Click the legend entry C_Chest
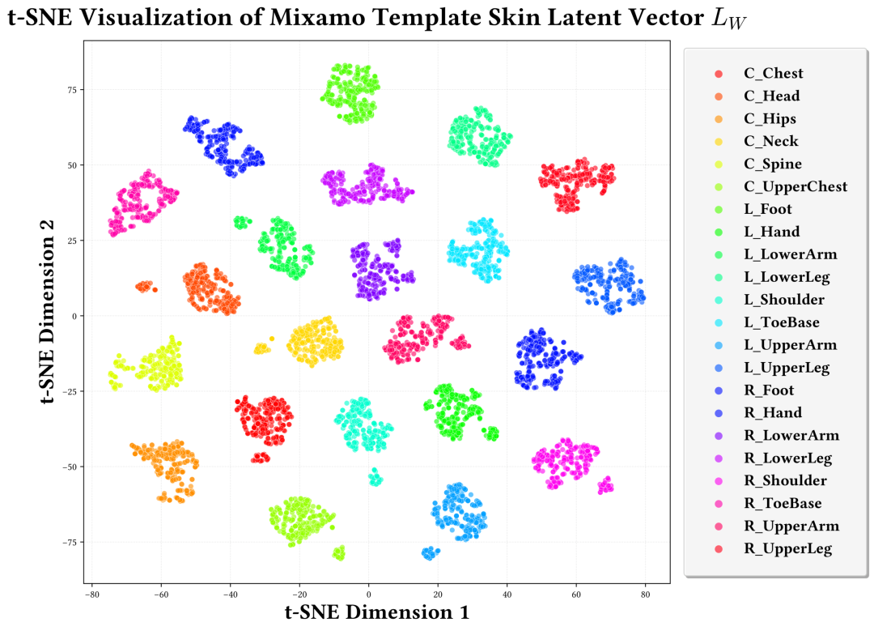coord(773,73)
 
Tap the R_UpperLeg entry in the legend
coord(787,549)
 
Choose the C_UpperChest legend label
coord(795,186)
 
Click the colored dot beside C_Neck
coord(718,142)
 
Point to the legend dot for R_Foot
coord(718,391)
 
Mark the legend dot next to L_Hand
coord(718,232)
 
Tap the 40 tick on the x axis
coord(507,595)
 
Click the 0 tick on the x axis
coord(369,595)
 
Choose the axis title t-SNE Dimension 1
coord(377,612)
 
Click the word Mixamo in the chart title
coord(379,19)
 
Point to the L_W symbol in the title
coord(728,19)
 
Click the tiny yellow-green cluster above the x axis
coord(339,553)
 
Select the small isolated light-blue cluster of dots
coord(431,553)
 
